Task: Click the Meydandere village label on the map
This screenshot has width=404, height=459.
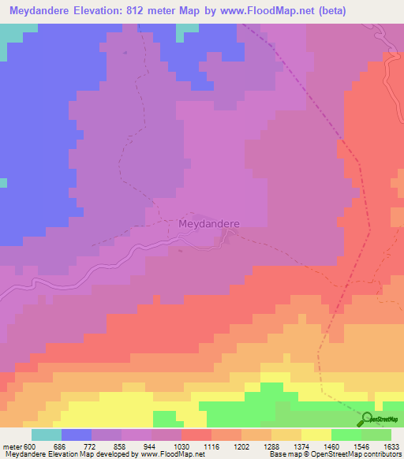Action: coord(209,223)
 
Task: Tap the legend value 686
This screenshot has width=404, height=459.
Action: coord(77,446)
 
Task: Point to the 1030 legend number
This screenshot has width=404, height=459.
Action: coord(166,446)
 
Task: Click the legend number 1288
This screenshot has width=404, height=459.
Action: coord(256,446)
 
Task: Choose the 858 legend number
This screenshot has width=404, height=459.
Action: coord(107,446)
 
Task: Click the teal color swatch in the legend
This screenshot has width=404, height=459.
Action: coord(47,435)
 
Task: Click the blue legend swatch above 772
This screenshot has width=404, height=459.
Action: coord(77,435)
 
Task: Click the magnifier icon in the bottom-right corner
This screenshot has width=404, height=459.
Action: coord(367,419)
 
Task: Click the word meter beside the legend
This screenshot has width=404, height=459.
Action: coord(13,446)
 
